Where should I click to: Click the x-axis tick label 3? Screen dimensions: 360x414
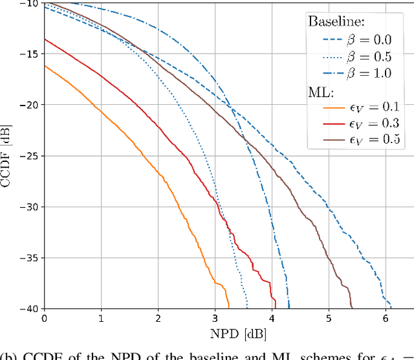point(215,319)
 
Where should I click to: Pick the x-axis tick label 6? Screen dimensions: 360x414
point(386,319)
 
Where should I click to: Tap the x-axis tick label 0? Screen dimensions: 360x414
point(44,319)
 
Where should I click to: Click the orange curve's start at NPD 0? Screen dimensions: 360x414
point(45,65)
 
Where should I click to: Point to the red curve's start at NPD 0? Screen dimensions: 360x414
point(45,39)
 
